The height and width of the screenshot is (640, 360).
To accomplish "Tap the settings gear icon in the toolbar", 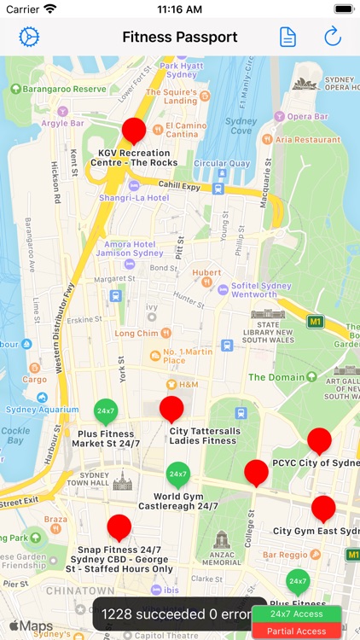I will [30, 37].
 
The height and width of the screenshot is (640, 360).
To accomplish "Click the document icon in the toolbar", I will [288, 37].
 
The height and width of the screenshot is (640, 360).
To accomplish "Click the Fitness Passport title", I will [180, 37].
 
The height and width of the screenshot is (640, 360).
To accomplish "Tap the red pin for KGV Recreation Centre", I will [134, 131].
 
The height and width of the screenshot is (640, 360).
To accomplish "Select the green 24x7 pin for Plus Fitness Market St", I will [106, 411].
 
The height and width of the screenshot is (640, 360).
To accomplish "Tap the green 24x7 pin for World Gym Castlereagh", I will [177, 474].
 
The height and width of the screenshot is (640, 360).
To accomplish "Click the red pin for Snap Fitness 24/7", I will [119, 527].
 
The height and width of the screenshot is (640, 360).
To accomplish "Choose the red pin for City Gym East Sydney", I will [323, 509].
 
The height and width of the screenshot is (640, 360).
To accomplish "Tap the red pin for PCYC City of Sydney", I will [319, 440].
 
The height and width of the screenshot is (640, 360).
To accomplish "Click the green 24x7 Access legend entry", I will [296, 614].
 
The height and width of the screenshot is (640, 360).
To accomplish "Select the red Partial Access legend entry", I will [296, 631].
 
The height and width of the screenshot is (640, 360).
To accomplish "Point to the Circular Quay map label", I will [222, 163].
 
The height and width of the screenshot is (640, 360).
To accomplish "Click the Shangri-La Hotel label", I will [134, 197].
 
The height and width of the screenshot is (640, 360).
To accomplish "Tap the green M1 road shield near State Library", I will [316, 322].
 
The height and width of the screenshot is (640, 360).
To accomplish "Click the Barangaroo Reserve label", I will [66, 89].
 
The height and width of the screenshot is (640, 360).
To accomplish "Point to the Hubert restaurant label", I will [206, 273].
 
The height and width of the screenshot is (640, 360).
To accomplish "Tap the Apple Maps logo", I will [31, 626].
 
